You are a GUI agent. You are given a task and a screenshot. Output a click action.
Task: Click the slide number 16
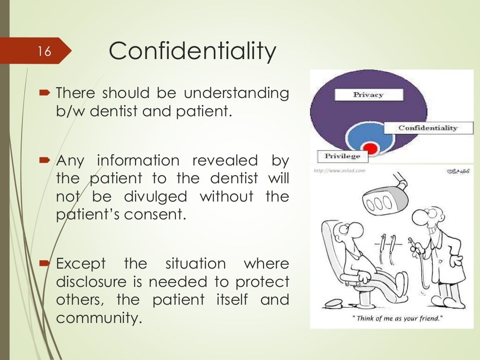coord(45,51)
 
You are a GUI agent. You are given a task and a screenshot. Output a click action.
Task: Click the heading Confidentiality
coord(192,51)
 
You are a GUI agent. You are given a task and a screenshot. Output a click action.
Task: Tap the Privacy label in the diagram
coord(368,95)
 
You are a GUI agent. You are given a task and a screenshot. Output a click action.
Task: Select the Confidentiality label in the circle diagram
coord(427,127)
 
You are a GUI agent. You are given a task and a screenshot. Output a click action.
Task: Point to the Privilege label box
coord(342,156)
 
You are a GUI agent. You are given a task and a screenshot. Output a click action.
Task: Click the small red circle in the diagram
coord(370,149)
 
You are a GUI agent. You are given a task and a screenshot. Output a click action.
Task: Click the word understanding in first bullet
coord(236,93)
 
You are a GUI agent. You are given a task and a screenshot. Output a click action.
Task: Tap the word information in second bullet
coord(138,161)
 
